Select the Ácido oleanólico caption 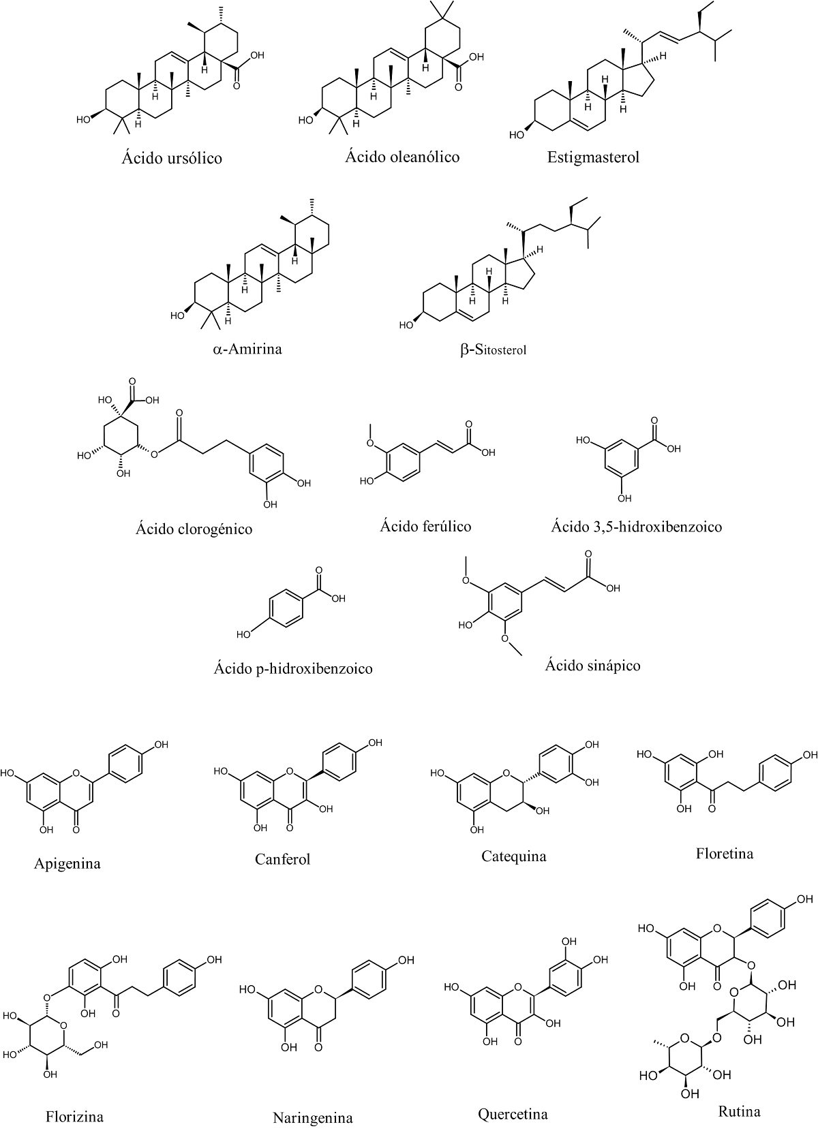pos(402,157)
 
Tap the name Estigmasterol pos(593,158)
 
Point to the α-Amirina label pos(247,350)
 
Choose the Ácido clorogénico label pos(194,529)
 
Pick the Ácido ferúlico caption pos(425,526)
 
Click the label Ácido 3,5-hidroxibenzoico pos(636,527)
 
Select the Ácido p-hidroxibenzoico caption pos(293,668)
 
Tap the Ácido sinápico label pos(592,665)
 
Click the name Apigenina pos(67,864)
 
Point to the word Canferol pos(282,859)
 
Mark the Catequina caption pos(513,856)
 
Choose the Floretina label pos(725,854)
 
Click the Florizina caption pos(74,1117)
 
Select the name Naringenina pos(313,1118)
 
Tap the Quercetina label pos(513,1115)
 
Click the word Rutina pos(739,1112)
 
